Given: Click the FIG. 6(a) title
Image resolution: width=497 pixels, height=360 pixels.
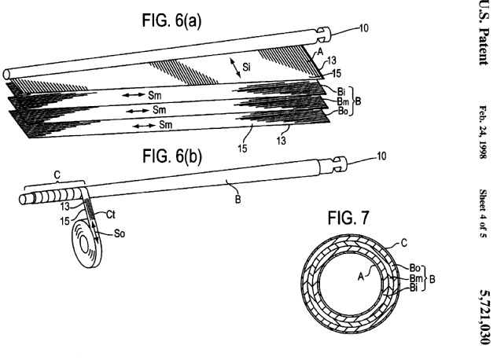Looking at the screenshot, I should coord(179,13).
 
